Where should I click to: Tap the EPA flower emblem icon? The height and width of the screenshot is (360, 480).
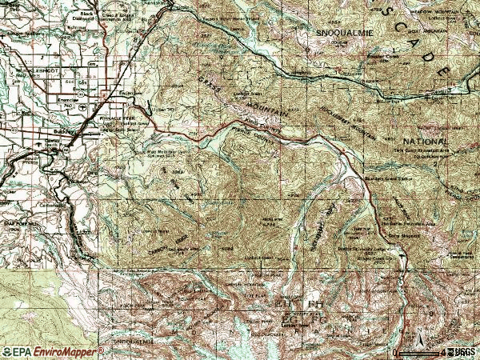[8, 351]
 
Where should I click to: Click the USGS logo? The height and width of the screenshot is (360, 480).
[465, 352]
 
